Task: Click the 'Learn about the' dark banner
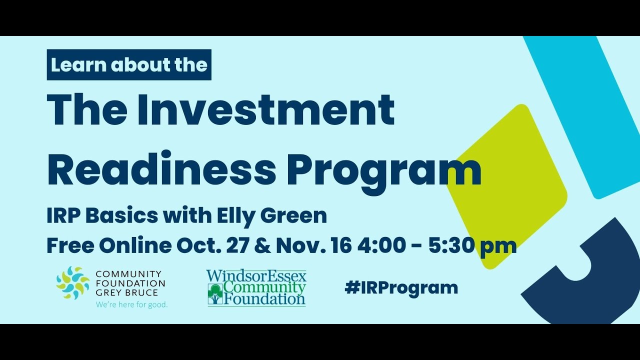[129, 65]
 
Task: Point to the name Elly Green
[272, 216]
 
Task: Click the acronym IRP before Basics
[63, 216]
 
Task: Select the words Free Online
[108, 245]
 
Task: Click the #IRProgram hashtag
[401, 287]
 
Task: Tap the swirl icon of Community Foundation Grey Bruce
[73, 283]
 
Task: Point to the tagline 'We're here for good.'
[131, 304]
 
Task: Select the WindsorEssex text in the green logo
[256, 275]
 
